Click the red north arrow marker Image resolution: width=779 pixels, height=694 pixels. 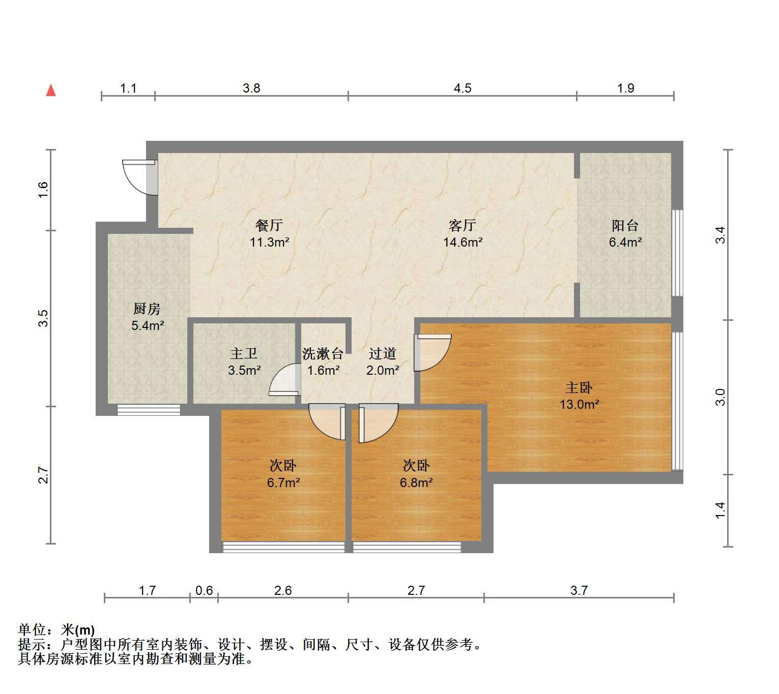[x=51, y=90]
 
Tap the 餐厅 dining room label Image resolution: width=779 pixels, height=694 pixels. [x=269, y=225]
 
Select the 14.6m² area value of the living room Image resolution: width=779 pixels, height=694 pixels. [x=463, y=242]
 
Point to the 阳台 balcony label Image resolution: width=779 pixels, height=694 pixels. [x=625, y=226]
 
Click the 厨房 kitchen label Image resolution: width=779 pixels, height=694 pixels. [x=147, y=309]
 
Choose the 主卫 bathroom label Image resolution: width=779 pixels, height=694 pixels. [x=244, y=353]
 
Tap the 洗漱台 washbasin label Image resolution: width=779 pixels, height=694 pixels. [x=323, y=353]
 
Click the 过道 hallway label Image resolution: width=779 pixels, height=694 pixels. [x=383, y=353]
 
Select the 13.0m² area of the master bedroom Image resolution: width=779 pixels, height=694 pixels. [x=579, y=404]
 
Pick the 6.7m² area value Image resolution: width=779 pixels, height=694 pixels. [x=283, y=482]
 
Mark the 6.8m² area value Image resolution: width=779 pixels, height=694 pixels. [x=416, y=482]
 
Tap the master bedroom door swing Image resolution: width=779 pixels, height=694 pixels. [x=432, y=352]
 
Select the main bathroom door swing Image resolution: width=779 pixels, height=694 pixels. [x=285, y=380]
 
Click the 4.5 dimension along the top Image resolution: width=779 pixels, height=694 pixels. [x=462, y=88]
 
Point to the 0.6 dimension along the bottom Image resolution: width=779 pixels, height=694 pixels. [x=204, y=590]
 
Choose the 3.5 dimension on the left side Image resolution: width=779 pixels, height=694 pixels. [x=43, y=318]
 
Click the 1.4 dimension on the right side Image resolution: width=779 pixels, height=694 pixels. [x=720, y=510]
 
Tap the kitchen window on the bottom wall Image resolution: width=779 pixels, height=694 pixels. [x=149, y=410]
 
